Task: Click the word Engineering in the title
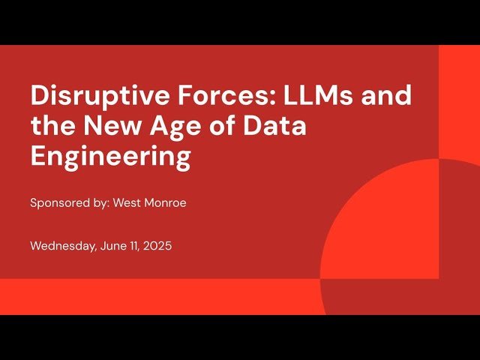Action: (110, 158)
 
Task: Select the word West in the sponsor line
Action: (127, 202)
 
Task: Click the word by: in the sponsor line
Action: (100, 202)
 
